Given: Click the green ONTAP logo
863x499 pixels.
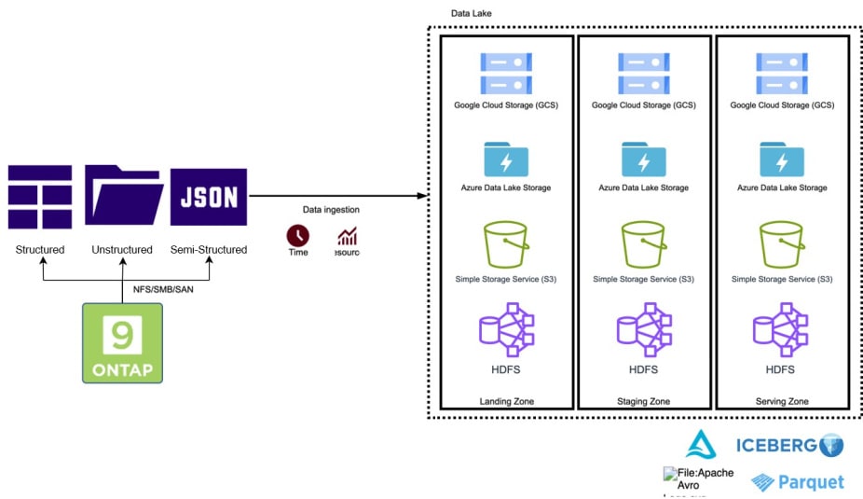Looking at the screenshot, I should click(x=122, y=342).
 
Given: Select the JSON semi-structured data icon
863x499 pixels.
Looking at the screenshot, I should click(x=209, y=197).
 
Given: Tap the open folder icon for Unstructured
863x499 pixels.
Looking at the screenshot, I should click(x=122, y=195).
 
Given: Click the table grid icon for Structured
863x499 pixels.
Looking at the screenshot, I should click(x=40, y=197).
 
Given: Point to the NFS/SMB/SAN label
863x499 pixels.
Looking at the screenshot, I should click(x=165, y=289).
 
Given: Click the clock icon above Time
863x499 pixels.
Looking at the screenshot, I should click(x=297, y=234).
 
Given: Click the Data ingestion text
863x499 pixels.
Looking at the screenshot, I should click(x=331, y=210).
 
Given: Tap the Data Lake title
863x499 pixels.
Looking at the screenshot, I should click(x=471, y=14).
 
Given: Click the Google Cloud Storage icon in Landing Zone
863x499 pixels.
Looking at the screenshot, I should click(x=505, y=74).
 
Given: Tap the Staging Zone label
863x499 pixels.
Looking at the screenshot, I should click(x=643, y=401).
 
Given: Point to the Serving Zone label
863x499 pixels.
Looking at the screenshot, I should click(x=781, y=401).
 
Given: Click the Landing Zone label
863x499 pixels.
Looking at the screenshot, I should click(x=505, y=401).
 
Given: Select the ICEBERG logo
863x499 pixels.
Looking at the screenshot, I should click(x=789, y=446).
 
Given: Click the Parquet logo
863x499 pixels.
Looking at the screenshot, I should click(x=798, y=482).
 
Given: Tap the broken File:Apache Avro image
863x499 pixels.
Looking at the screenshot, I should click(x=698, y=479).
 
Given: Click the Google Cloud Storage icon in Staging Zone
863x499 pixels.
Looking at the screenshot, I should click(x=643, y=74).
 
